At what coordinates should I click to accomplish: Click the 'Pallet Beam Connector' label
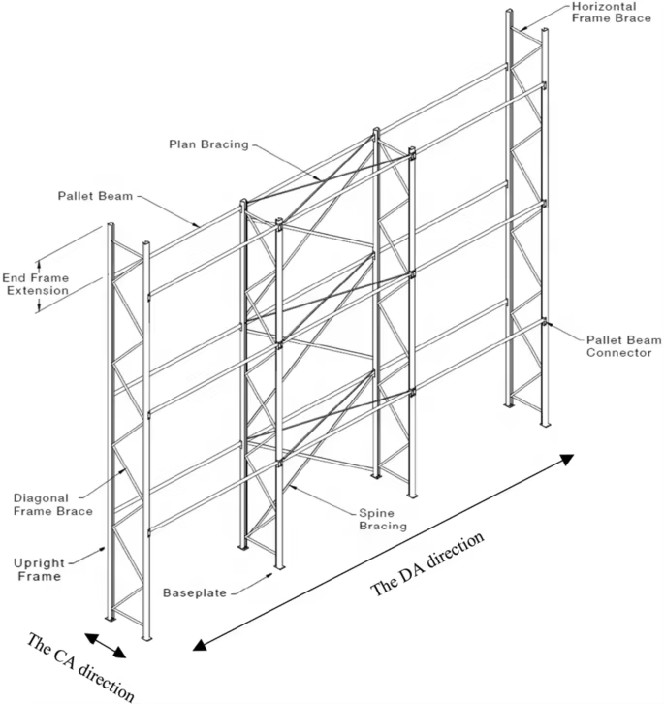click(x=623, y=346)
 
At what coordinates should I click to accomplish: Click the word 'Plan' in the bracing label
click(x=180, y=144)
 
